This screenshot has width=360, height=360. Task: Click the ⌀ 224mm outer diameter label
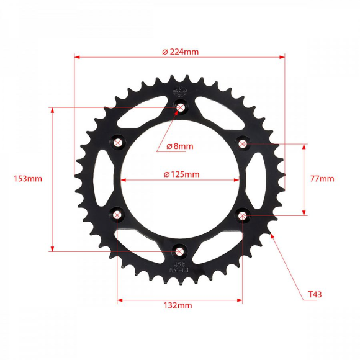(180, 52)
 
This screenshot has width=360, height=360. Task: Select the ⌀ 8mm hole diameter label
(180, 146)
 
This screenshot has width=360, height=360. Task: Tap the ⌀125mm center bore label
(182, 174)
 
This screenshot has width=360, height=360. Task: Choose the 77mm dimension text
(322, 179)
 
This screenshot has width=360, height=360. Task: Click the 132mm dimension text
(178, 305)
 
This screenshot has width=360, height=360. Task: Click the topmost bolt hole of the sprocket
(181, 108)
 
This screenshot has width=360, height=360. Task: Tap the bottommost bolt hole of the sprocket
(179, 251)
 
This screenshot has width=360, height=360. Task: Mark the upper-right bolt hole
(242, 144)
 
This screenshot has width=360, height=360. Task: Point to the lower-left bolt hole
(118, 215)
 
